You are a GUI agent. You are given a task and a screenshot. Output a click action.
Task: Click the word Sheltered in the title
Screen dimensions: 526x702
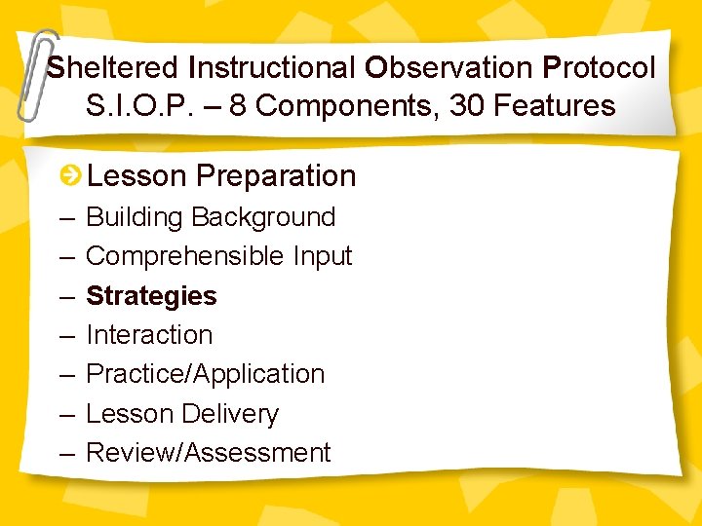pos(113,68)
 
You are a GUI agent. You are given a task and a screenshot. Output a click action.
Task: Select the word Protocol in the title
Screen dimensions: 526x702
pos(599,68)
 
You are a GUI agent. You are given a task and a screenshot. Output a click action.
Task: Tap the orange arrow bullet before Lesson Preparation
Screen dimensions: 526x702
pos(70,176)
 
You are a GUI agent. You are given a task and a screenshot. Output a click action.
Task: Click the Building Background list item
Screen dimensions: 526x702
pos(211,217)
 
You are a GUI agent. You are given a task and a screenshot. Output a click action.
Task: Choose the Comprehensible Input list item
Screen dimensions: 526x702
pos(218,256)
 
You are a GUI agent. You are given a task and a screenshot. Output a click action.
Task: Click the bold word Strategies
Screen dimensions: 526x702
pos(151,296)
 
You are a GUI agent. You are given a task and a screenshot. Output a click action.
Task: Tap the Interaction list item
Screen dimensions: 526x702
pos(149,335)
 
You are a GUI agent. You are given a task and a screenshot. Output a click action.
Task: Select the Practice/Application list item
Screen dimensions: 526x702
pos(205,374)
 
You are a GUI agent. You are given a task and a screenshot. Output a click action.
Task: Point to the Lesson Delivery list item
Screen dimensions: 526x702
pos(182,414)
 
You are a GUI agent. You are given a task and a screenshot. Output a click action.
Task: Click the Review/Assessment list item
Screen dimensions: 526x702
pos(209,453)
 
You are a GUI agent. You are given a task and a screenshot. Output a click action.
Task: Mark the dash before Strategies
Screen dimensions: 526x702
pos(66,296)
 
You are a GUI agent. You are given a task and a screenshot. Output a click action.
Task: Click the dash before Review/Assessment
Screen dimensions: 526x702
pos(66,453)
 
